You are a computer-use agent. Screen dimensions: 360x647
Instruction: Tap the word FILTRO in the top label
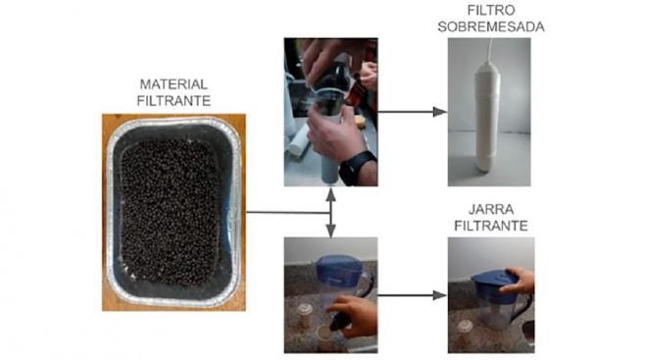(488, 11)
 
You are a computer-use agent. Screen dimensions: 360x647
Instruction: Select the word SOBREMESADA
(488, 26)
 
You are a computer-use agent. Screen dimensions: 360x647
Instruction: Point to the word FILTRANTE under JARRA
(489, 226)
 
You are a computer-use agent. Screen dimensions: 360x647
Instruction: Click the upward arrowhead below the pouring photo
(330, 194)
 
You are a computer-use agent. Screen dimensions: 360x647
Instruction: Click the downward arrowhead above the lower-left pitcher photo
(330, 231)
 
